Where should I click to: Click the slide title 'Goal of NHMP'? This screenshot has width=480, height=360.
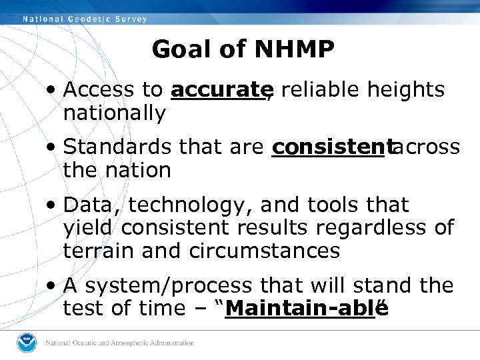coord(243,49)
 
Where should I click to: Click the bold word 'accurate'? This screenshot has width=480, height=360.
coord(217,90)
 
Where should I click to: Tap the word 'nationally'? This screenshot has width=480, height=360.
coord(114,113)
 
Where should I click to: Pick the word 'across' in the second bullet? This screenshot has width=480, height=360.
coord(426,147)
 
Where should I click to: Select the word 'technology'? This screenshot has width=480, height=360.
coord(189,205)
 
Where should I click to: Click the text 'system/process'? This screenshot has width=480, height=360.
coord(169,286)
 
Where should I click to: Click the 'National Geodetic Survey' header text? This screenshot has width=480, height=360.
coord(85,19)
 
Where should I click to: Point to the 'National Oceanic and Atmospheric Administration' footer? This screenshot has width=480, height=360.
coord(119,343)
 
